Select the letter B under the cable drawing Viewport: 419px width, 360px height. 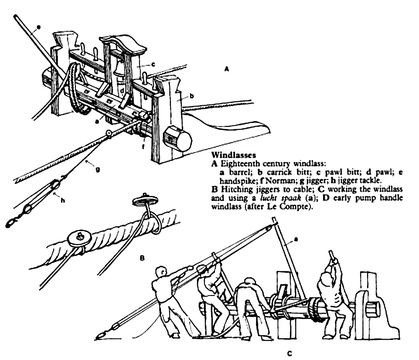point(142,258)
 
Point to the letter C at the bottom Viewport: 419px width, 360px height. point(290,354)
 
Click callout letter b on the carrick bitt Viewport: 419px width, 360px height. point(192,96)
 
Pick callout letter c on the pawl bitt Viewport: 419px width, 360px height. point(153,64)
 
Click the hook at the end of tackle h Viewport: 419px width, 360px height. point(11,224)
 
